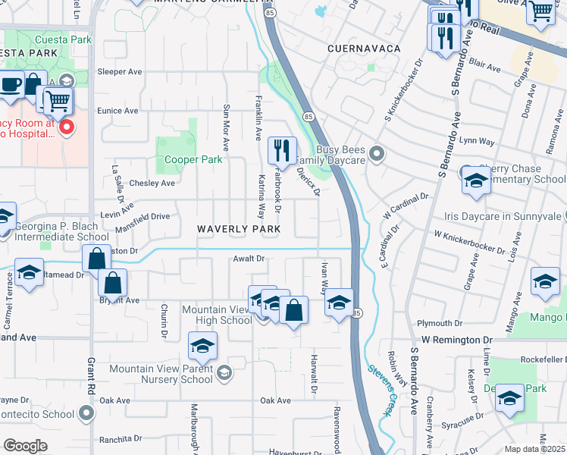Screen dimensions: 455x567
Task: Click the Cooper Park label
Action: [195, 159]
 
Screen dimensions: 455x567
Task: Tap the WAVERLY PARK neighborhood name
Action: [240, 229]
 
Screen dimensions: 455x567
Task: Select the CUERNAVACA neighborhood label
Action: [364, 48]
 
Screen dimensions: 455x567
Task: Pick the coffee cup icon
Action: [11, 84]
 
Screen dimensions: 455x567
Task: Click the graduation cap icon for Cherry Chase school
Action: [475, 180]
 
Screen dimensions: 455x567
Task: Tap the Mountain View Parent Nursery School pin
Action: [223, 372]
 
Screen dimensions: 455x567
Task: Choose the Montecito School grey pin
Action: [87, 413]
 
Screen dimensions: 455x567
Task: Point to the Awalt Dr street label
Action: [249, 259]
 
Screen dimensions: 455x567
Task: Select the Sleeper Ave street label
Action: [120, 71]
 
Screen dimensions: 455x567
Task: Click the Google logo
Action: [26, 446]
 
